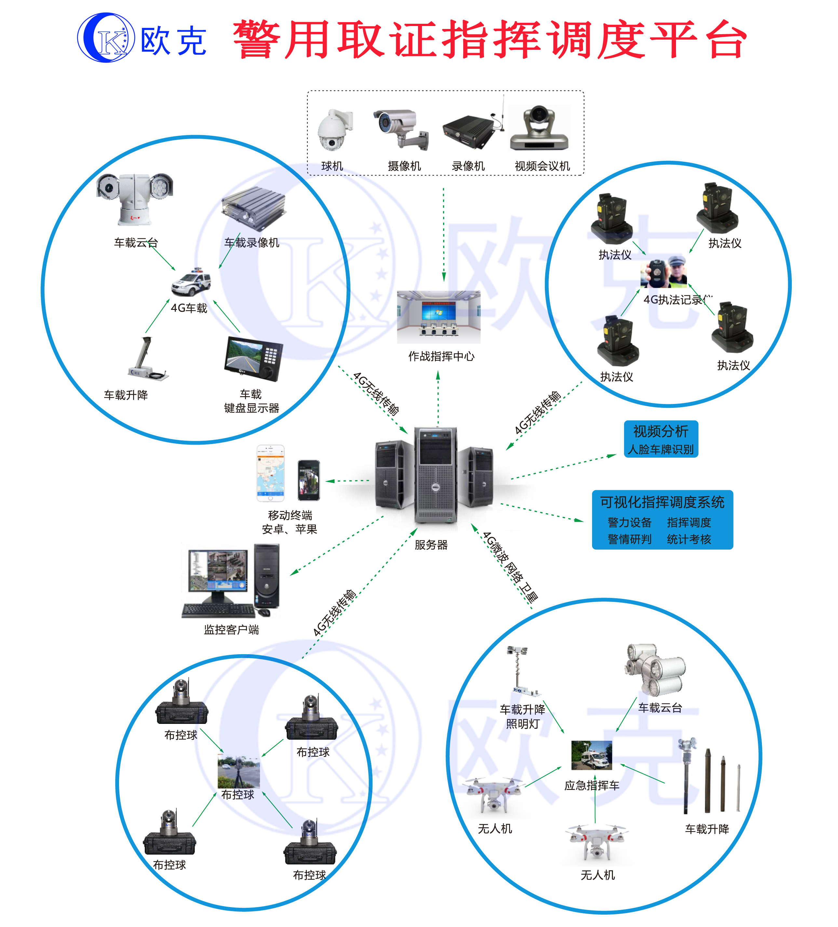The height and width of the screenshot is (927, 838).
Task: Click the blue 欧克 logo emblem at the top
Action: [105, 38]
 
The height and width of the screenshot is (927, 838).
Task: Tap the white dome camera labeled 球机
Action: [333, 131]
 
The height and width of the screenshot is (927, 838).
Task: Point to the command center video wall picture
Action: [439, 316]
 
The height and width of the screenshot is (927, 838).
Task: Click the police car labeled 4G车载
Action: [191, 282]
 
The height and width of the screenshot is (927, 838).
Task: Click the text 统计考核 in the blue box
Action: [689, 539]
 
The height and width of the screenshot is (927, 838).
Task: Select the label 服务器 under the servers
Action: [431, 545]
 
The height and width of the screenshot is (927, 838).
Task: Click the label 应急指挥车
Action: [592, 785]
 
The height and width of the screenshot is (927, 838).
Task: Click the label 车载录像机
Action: [251, 243]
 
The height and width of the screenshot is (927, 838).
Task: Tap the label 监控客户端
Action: [231, 630]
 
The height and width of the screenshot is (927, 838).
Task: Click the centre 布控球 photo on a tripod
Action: [238, 771]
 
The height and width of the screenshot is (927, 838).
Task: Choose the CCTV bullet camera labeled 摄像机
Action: [401, 129]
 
